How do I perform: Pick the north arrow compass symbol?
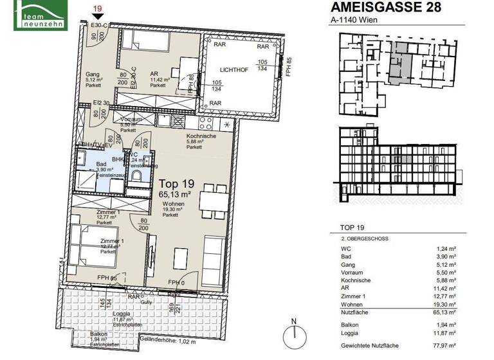tap(295, 332)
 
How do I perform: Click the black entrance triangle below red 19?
tap(98, 17)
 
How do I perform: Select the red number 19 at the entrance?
tap(98, 8)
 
